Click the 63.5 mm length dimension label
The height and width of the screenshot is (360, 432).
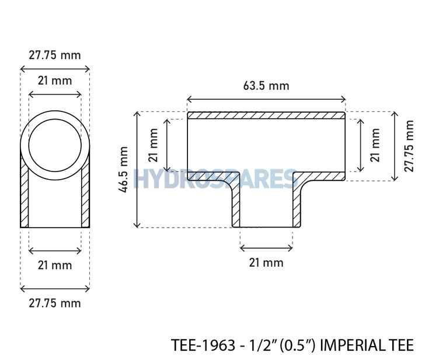tap(266, 86)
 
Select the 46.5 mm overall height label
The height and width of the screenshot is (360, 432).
tap(124, 169)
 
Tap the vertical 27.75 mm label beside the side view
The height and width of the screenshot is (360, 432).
tap(410, 146)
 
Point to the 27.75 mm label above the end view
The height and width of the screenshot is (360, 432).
tap(55, 55)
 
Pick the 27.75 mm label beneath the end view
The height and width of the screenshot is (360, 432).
tap(55, 303)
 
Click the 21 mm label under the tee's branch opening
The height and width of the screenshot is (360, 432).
tap(266, 263)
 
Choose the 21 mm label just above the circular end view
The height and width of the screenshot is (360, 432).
tap(55, 81)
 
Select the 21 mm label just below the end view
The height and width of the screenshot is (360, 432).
tap(55, 265)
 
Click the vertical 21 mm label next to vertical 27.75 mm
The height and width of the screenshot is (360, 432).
tap(375, 144)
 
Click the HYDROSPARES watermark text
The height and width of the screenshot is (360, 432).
tap(216, 179)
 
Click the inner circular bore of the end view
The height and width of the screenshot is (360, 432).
tap(55, 142)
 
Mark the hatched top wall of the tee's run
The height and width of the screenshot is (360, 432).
tap(266, 116)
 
